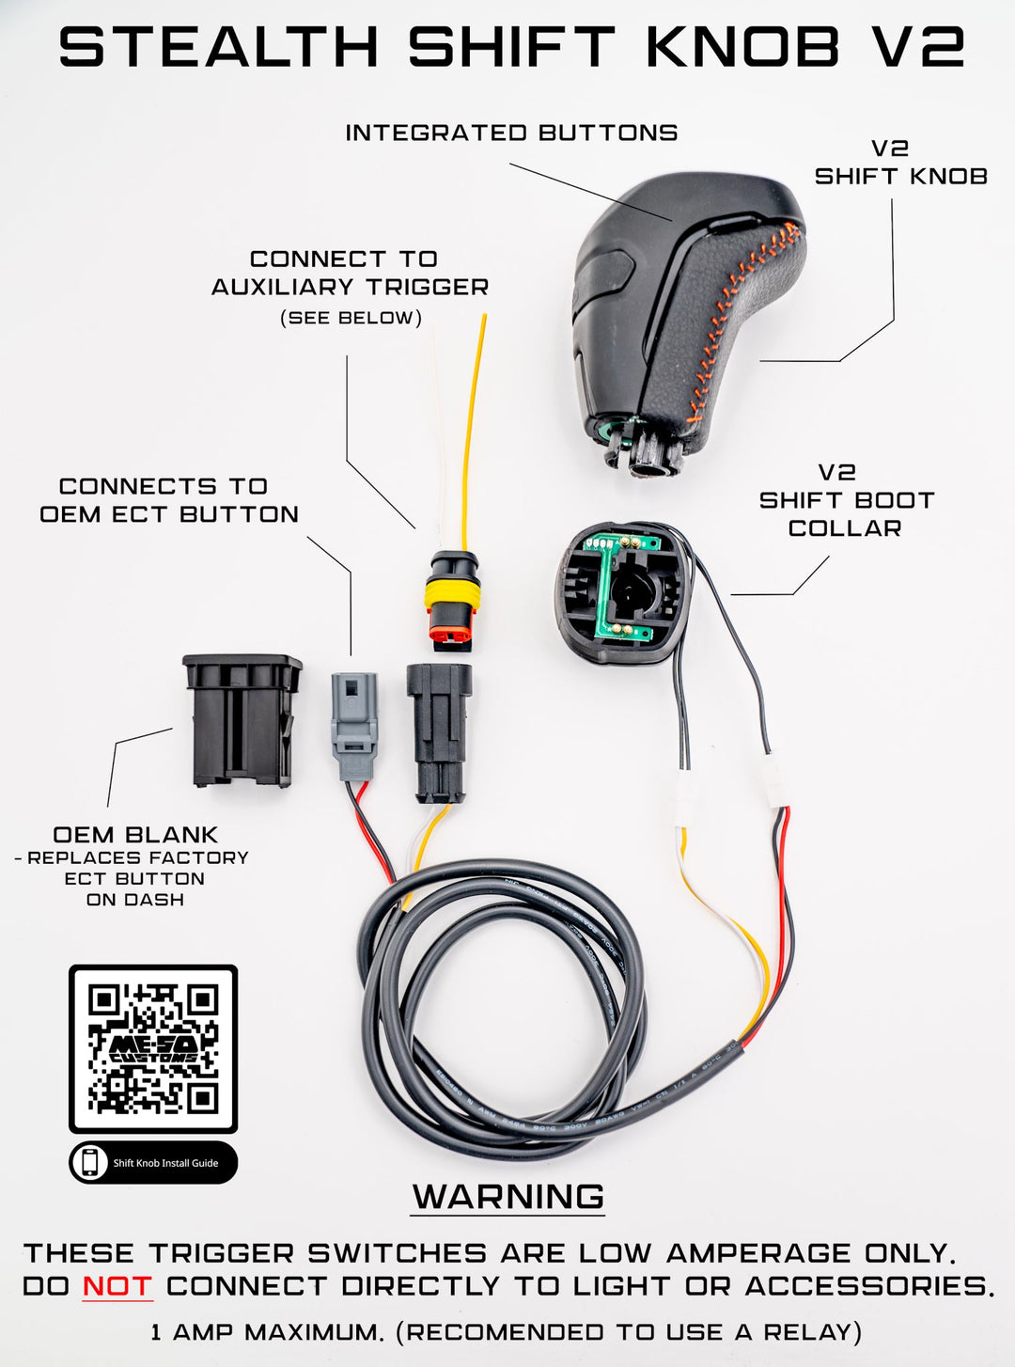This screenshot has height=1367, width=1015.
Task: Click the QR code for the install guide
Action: tap(152, 1048)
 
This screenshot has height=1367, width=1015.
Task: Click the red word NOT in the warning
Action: tap(117, 1285)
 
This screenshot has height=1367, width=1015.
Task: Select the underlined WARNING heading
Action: tap(508, 1197)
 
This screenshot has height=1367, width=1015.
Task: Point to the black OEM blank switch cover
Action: tap(242, 720)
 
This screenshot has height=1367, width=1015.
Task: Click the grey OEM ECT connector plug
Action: tap(354, 725)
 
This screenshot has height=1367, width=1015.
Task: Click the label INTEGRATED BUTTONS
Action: tap(511, 133)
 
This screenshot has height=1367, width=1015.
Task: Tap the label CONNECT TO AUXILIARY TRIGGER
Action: tap(350, 273)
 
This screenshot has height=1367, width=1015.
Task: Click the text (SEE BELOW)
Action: tap(351, 318)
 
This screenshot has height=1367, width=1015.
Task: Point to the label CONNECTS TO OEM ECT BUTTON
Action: tap(168, 500)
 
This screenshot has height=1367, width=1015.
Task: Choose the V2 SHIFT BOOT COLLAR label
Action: tap(846, 500)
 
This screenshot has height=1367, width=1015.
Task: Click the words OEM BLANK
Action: tap(135, 834)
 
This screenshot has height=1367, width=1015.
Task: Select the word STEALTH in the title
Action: tap(219, 46)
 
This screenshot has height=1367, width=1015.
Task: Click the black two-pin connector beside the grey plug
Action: tap(439, 732)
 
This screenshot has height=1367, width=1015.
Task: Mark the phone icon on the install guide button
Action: tap(90, 1163)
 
